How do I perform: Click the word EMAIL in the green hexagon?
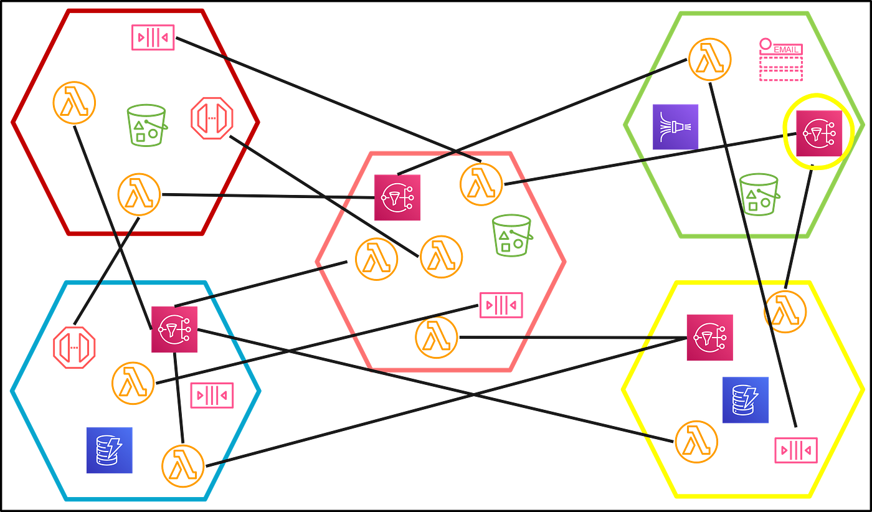click(786, 50)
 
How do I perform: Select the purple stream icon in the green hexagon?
click(675, 127)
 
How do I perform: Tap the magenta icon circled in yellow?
click(819, 133)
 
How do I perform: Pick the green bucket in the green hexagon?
click(759, 194)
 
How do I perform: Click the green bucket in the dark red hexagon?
click(147, 125)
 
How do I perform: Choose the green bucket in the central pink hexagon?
click(512, 235)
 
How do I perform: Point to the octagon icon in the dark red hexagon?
click(212, 118)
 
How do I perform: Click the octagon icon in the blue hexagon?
click(74, 348)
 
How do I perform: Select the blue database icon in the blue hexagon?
click(110, 450)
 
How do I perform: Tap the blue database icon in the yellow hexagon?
click(746, 400)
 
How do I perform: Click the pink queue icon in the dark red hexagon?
click(153, 37)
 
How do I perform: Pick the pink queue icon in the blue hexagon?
click(212, 395)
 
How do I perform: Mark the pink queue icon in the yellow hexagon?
click(796, 450)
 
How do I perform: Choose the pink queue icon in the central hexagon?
click(501, 305)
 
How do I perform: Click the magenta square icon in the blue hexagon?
click(174, 329)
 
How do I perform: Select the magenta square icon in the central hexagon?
click(397, 197)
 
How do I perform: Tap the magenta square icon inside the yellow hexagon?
click(710, 338)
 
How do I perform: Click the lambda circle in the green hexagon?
click(710, 60)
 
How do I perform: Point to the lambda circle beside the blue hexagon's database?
click(183, 466)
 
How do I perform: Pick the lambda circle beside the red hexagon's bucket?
click(74, 103)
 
